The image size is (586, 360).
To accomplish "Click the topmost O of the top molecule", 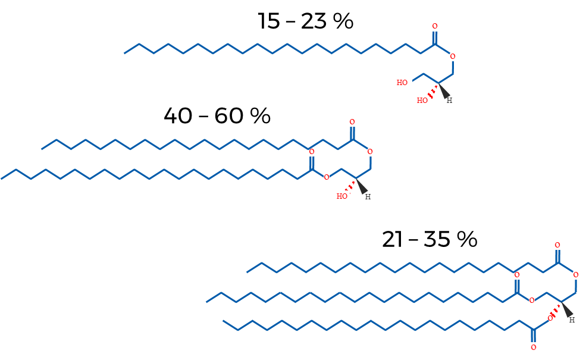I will [435, 26].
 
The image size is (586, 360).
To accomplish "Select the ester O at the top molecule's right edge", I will [453, 57].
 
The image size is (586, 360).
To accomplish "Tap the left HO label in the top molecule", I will [402, 82].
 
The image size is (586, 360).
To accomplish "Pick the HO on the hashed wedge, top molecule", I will [422, 100].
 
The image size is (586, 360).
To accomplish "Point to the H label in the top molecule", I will [449, 101].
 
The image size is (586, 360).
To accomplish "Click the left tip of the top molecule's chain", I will [124, 54].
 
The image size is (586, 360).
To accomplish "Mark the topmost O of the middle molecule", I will [352, 122].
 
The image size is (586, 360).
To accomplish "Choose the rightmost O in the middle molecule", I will [370, 152].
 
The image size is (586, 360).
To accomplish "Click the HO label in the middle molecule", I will [341, 196].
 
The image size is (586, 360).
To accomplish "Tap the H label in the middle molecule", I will [368, 196].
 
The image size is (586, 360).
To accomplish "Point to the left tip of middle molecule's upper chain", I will [42, 149].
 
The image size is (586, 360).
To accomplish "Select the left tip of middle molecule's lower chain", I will [2, 179].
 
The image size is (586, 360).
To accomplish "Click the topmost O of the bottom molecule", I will [557, 245].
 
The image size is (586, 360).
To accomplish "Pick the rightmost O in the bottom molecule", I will [575, 275].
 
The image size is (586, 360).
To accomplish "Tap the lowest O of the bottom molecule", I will [533, 347].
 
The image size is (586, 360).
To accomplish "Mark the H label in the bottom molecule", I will [572, 320].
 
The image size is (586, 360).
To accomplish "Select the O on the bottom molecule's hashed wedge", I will [550, 318].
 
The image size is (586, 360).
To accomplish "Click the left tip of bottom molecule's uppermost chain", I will [247, 273].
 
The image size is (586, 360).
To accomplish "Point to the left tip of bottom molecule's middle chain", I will [206, 302].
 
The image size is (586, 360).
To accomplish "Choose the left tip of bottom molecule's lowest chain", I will [223, 321].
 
